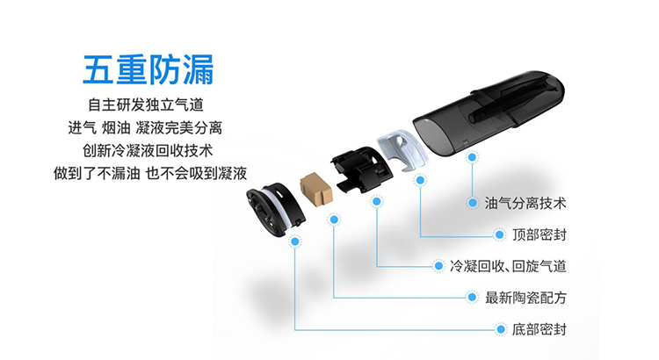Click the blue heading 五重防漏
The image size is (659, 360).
pos(148,68)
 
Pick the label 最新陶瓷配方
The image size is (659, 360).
pos(525,298)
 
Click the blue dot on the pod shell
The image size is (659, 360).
pos(473,157)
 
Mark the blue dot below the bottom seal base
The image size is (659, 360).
pos(294,240)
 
